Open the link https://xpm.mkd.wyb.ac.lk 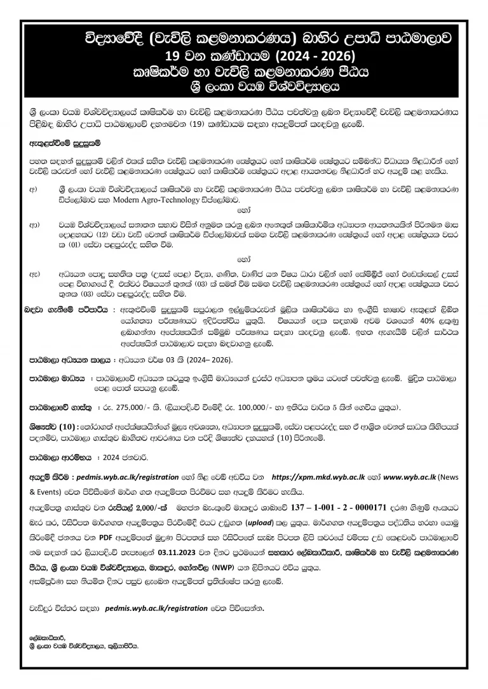318,476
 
